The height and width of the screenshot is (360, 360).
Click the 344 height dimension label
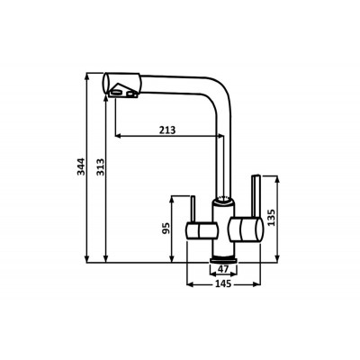(x=81, y=166)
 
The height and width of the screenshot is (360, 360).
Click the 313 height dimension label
(x=100, y=167)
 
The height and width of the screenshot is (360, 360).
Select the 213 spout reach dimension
(x=167, y=130)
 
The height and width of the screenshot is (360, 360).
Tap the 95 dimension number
(x=166, y=229)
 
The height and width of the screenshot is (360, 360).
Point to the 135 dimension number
(x=271, y=218)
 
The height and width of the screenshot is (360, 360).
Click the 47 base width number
(x=223, y=269)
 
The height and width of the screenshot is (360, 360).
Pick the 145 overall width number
(x=223, y=283)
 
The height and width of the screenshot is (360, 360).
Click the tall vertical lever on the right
(x=256, y=195)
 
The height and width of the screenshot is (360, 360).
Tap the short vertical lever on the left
(x=193, y=210)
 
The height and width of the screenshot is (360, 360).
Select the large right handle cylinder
(x=246, y=229)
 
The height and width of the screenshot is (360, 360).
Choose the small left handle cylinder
(x=201, y=230)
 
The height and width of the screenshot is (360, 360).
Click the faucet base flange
(x=223, y=260)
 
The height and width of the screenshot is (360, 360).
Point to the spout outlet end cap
(x=105, y=83)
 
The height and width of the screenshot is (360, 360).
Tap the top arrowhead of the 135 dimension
(x=277, y=180)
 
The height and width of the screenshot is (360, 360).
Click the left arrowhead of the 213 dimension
(x=119, y=136)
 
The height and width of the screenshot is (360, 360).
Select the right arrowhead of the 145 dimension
(x=256, y=283)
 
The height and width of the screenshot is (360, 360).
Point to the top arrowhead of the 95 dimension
(x=172, y=200)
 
